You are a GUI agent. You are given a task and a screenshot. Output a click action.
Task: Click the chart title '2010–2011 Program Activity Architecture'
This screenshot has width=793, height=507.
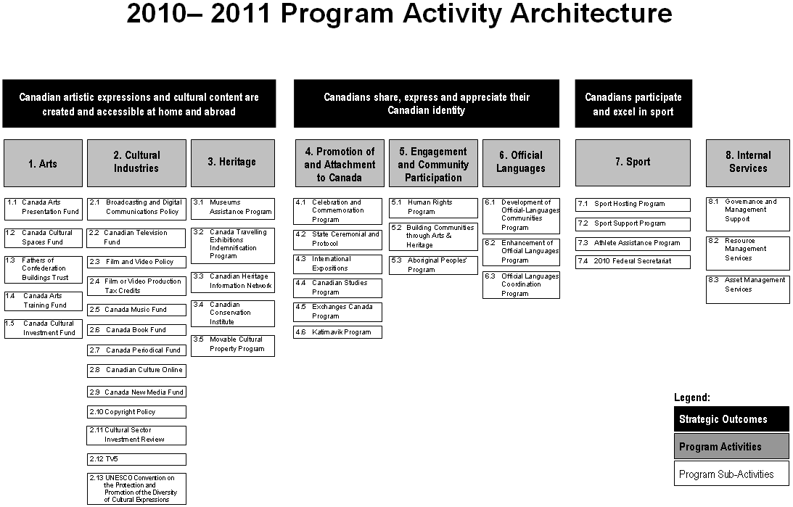click(399, 15)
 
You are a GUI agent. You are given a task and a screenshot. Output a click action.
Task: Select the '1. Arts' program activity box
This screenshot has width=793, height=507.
click(43, 163)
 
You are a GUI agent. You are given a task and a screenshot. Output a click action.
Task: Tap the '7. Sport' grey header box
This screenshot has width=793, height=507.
click(633, 162)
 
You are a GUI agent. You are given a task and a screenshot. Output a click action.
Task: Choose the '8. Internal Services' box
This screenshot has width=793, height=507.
click(747, 162)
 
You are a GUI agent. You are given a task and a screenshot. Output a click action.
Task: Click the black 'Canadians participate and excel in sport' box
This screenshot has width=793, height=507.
click(633, 104)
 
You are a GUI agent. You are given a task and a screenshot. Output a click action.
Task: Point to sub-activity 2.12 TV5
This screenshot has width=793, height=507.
click(136, 459)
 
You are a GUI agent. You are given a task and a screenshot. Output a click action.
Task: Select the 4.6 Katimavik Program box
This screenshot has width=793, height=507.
click(338, 332)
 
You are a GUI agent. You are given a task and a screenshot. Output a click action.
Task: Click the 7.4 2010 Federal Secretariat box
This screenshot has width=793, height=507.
click(633, 261)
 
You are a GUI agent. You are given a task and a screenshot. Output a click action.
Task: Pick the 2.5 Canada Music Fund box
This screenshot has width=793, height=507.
click(136, 310)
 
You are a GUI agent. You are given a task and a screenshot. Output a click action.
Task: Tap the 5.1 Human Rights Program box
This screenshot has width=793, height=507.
click(433, 207)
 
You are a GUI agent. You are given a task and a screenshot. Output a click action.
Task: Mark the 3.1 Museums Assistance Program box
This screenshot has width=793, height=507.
click(233, 207)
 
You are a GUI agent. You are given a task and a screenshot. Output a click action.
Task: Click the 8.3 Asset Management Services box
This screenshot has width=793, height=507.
click(747, 289)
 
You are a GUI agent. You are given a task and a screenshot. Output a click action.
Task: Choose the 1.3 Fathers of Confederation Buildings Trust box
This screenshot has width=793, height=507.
click(43, 269)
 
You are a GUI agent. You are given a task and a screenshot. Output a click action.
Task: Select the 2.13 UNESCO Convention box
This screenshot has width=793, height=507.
click(136, 489)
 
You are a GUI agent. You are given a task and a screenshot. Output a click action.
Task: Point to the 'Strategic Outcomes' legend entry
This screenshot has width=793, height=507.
click(731, 419)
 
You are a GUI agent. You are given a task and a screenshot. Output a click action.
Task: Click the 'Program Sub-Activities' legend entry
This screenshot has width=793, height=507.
click(731, 474)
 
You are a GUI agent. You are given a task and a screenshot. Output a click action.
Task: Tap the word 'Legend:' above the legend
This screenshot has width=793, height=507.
click(692, 397)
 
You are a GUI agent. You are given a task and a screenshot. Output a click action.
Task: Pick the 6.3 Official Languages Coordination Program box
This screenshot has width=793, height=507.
click(521, 285)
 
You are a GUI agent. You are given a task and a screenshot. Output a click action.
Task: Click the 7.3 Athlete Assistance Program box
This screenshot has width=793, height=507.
click(633, 243)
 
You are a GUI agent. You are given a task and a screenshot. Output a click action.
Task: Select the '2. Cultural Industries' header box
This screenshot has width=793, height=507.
click(136, 162)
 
